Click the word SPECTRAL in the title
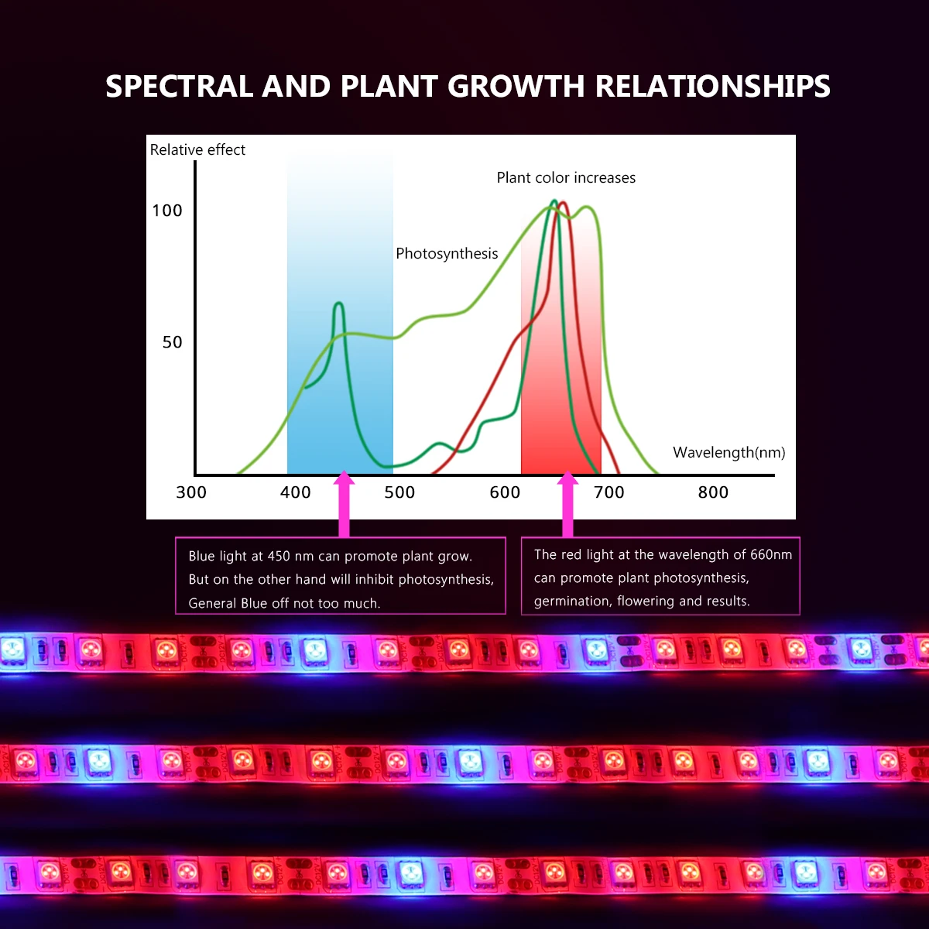point(179,87)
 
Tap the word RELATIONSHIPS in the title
point(712,87)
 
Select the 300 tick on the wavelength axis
point(191,492)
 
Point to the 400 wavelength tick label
point(295,492)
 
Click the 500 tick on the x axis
point(399,492)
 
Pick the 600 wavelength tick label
point(505,492)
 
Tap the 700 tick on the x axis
point(608,492)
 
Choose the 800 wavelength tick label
point(713,492)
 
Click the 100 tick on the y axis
point(167,211)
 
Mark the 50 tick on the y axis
point(172,342)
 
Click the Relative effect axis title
point(197,150)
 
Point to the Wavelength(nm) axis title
point(728,453)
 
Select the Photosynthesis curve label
point(447,254)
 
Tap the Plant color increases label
point(566,178)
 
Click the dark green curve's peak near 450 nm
point(338,303)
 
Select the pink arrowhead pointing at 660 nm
point(567,482)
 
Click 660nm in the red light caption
point(771,554)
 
